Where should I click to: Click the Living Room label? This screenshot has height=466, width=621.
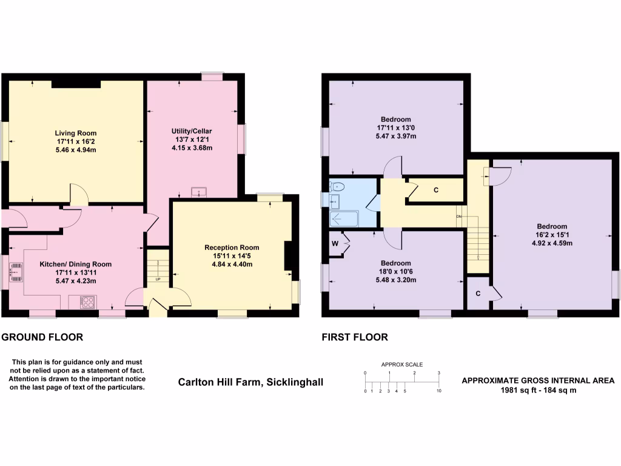[x=76, y=133]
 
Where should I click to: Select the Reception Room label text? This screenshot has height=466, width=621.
[x=232, y=247]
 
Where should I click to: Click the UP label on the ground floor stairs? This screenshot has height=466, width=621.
[x=158, y=280]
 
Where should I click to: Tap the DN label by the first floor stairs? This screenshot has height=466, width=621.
[x=459, y=217]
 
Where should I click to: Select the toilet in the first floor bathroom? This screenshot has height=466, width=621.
[x=338, y=186]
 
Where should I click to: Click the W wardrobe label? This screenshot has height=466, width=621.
[x=335, y=244]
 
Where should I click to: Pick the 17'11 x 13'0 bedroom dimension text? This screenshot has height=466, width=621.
[x=396, y=127]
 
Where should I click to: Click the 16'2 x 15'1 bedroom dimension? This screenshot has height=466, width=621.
[x=552, y=234]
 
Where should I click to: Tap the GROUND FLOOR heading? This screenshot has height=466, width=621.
[x=42, y=337]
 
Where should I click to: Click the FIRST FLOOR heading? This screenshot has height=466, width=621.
[x=354, y=337]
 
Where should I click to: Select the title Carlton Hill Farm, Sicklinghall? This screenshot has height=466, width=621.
[x=250, y=382]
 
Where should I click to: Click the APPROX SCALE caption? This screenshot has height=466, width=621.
[x=401, y=365]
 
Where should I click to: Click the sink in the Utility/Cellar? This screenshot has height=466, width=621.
[x=198, y=193]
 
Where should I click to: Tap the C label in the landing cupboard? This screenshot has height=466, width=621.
[x=435, y=190]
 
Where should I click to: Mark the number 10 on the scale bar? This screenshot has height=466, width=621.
[x=439, y=391]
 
